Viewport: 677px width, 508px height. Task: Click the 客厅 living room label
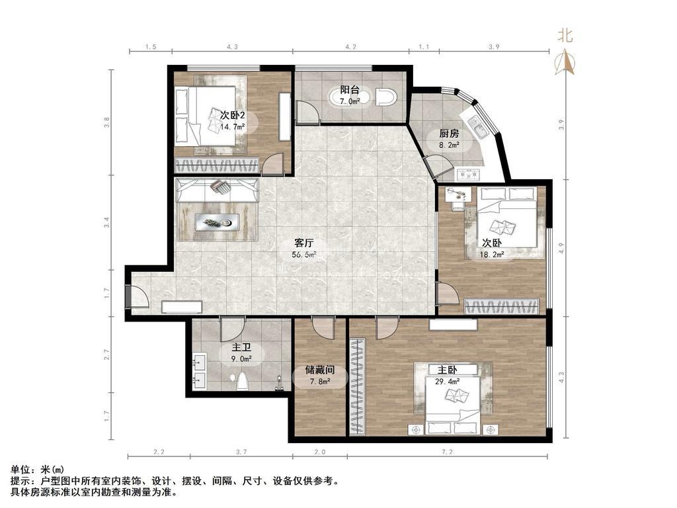304,243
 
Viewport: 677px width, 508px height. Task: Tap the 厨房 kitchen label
449,134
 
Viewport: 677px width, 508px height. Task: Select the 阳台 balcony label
350,90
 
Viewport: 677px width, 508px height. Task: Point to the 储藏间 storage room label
320,370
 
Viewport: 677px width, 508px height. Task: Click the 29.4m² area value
448,382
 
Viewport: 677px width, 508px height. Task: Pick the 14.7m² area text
233,126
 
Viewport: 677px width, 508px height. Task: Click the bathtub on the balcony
350,97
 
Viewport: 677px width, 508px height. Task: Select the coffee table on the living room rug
217,222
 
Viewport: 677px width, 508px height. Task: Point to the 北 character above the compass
565,36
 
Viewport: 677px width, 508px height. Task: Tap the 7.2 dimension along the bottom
448,452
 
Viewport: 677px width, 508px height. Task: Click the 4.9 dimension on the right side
561,248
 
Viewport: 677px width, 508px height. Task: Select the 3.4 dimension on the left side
107,222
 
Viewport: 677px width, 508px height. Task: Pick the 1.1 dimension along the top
424,47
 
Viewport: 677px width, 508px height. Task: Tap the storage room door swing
323,327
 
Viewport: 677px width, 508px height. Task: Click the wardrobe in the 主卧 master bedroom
357,387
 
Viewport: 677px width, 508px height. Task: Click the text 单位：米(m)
37,470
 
